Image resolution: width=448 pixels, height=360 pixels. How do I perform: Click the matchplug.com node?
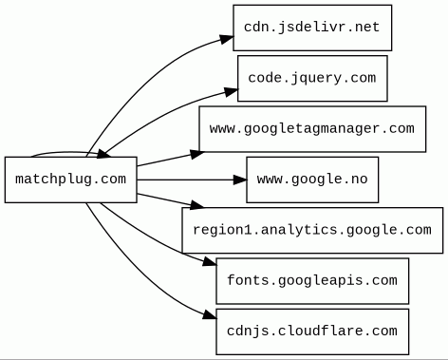[71, 179]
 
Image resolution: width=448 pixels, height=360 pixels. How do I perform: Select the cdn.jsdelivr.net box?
[311, 28]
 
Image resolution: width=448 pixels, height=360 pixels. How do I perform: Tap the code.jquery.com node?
[311, 78]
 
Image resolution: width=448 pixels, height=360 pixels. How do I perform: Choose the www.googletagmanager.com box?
[311, 128]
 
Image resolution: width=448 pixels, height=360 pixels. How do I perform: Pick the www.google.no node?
[311, 179]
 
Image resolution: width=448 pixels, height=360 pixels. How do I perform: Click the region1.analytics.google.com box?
[311, 230]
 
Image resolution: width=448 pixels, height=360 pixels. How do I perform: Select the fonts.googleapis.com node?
[311, 280]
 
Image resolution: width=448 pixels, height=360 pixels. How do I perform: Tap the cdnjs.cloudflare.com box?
[311, 331]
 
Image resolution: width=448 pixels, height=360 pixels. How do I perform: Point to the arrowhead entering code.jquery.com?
[230, 91]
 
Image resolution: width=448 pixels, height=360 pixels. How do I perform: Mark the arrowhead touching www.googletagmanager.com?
[192, 149]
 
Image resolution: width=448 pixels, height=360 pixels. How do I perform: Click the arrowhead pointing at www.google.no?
[238, 179]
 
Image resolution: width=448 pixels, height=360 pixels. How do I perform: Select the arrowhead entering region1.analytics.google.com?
[196, 206]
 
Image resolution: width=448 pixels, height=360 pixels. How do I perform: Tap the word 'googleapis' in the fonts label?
[311, 280]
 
